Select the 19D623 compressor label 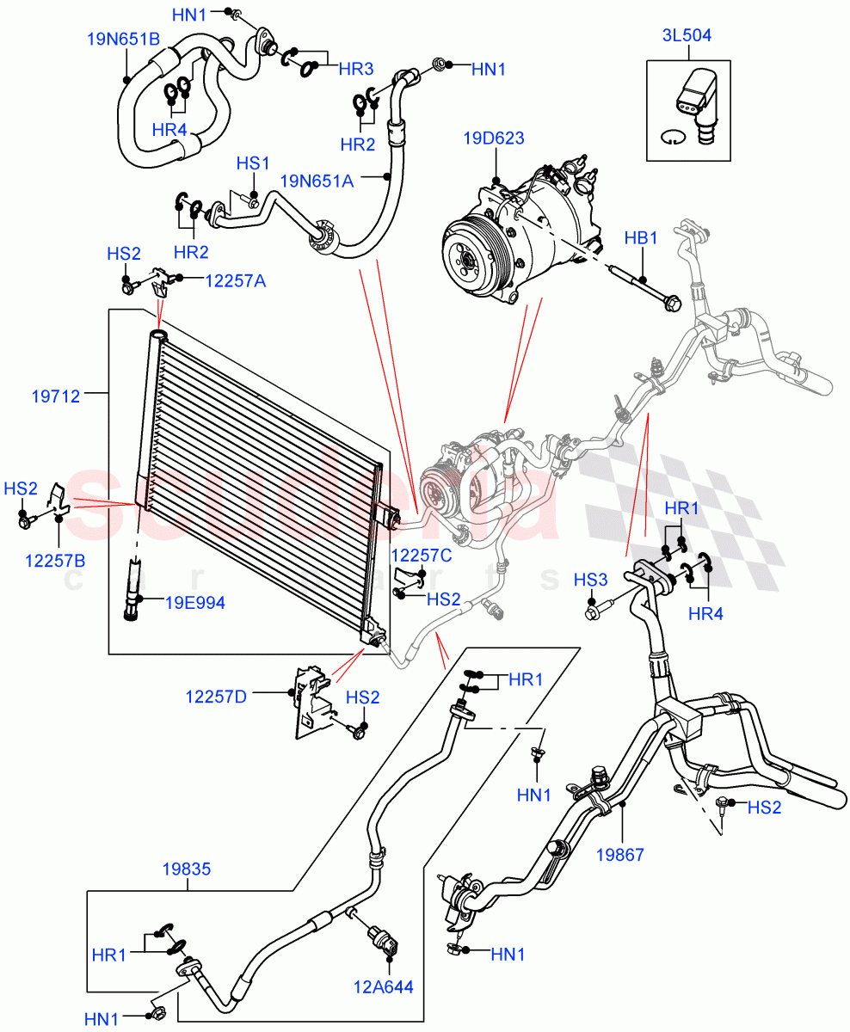493,138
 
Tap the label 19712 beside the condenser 56,396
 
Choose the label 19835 186,869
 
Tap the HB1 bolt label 641,237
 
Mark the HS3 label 590,581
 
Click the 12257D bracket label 216,696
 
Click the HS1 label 254,163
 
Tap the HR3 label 355,67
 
